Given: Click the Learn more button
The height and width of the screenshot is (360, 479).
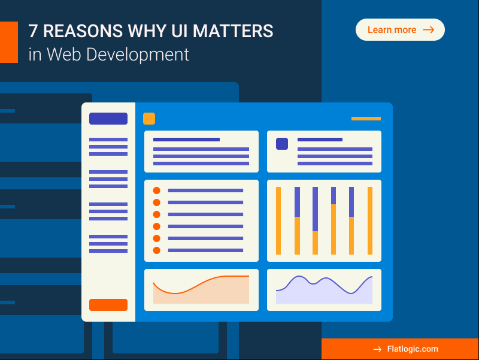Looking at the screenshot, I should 400,30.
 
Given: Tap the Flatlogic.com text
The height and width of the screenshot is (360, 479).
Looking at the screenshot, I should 413,349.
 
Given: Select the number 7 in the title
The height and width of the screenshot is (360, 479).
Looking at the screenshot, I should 34,31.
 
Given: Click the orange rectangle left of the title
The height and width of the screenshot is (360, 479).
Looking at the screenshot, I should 8,42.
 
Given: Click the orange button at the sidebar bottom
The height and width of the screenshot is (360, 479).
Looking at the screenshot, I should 108,305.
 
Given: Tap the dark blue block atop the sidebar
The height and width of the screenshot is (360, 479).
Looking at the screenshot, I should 108,119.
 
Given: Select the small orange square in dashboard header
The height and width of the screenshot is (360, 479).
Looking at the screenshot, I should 149,119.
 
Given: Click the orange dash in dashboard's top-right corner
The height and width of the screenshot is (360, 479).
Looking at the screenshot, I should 366,119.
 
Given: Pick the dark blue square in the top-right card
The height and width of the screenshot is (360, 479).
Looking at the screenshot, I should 282,144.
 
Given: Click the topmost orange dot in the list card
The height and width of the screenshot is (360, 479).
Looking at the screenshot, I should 157,190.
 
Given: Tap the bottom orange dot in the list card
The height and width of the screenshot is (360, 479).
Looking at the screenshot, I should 157,250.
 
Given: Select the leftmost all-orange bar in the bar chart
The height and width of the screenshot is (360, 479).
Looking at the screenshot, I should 278,220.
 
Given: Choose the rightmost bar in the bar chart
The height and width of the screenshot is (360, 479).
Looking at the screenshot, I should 370,220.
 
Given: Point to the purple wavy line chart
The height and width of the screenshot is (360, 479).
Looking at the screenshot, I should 323,282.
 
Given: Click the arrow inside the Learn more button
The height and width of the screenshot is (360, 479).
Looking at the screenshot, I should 428,30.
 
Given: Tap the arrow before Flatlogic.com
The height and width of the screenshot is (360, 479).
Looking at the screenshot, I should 377,349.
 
